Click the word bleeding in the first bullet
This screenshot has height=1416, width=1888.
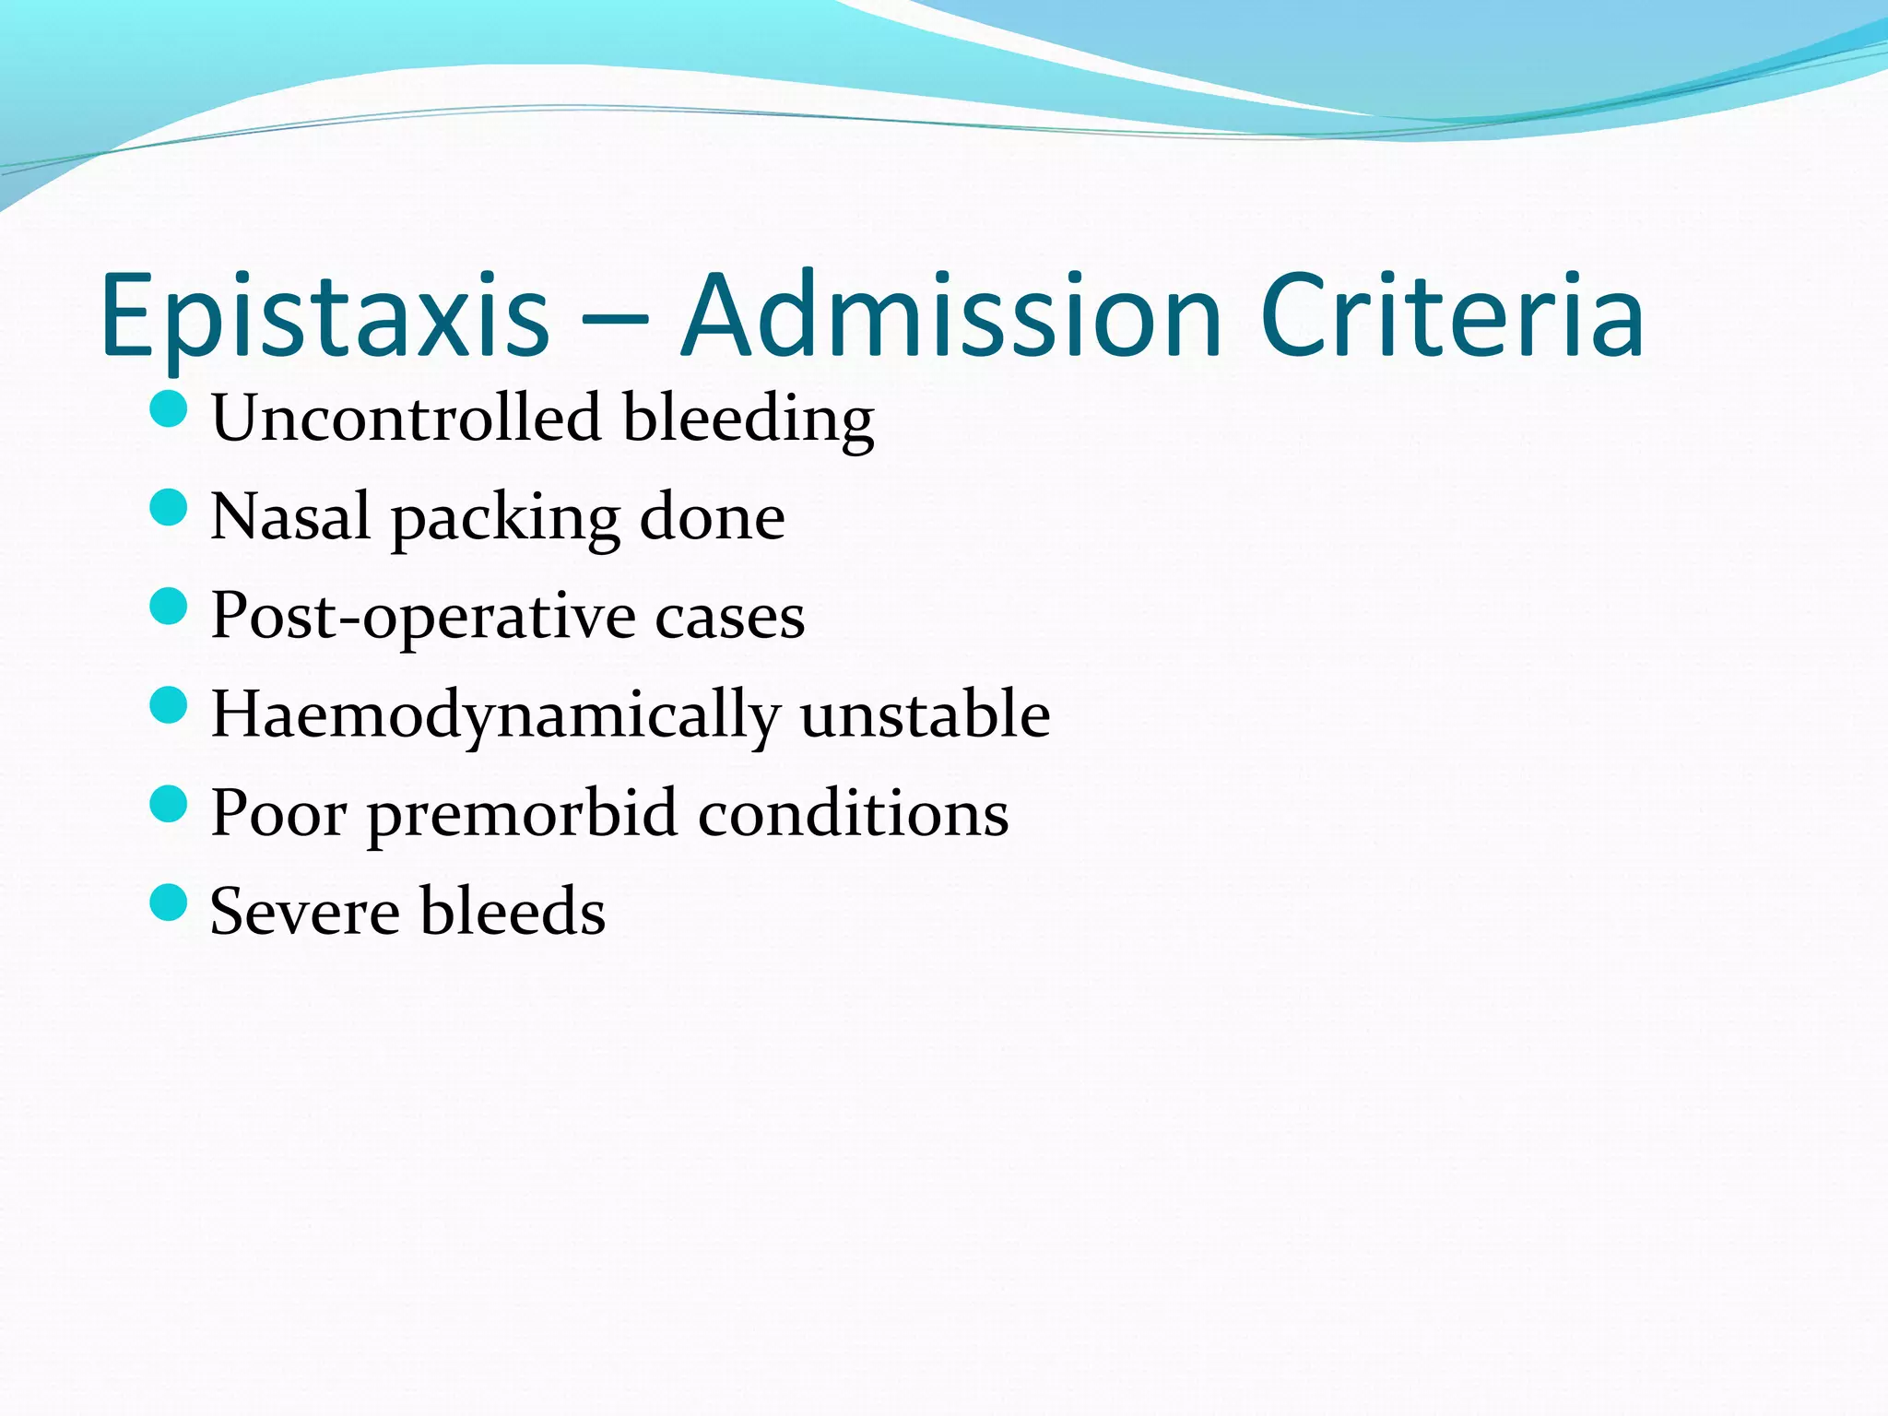coord(748,420)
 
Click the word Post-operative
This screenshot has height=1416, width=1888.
coord(423,618)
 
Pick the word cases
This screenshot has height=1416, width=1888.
coord(729,618)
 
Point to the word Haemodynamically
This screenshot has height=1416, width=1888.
coord(494,717)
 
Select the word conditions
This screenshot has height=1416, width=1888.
coord(853,814)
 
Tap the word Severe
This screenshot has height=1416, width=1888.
coord(304,912)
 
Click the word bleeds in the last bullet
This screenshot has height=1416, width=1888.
coord(513,912)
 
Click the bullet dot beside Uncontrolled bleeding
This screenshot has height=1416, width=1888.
coord(168,408)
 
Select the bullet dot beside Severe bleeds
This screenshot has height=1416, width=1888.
coord(168,903)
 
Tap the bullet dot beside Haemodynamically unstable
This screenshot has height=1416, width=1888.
coord(168,705)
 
